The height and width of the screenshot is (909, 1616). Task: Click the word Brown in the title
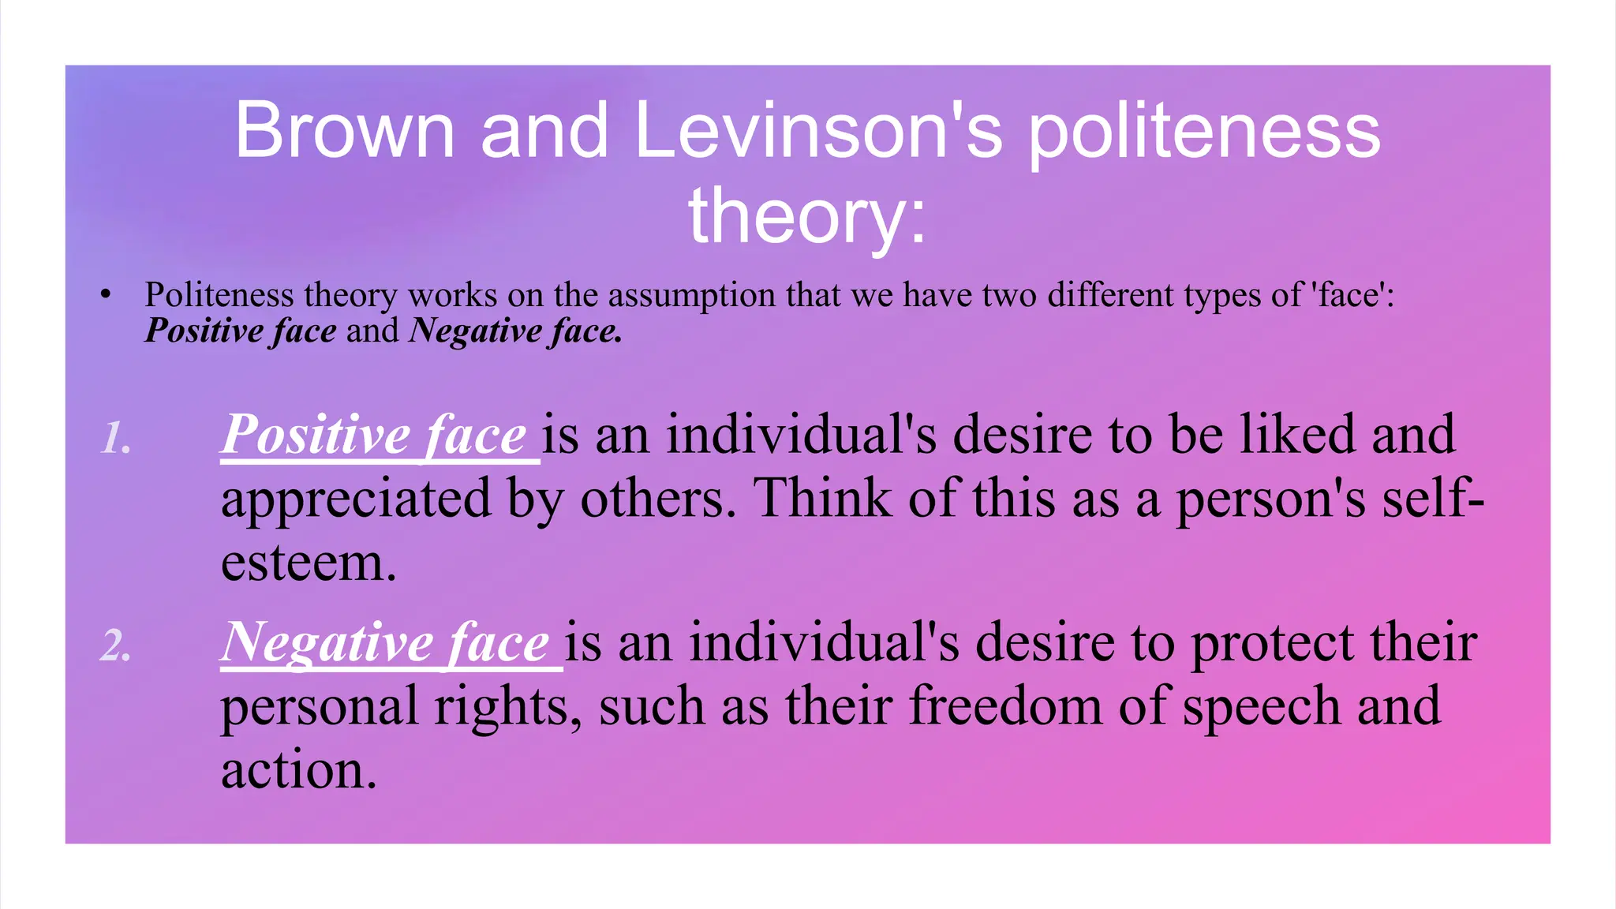pyautogui.click(x=345, y=130)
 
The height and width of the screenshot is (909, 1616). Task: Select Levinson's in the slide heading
pyautogui.click(x=818, y=130)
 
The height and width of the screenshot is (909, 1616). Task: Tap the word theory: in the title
pyautogui.click(x=807, y=215)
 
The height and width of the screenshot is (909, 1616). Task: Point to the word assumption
pyautogui.click(x=691, y=295)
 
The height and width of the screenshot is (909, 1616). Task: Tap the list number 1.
pyautogui.click(x=116, y=438)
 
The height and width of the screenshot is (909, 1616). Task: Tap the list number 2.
pyautogui.click(x=116, y=646)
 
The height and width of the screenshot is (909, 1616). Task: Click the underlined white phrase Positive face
pyautogui.click(x=374, y=435)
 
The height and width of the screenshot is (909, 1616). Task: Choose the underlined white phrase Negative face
pyautogui.click(x=385, y=642)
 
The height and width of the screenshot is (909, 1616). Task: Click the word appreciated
pyautogui.click(x=356, y=500)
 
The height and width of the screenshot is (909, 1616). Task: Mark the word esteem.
pyautogui.click(x=308, y=563)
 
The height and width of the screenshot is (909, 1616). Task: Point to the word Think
pyautogui.click(x=822, y=499)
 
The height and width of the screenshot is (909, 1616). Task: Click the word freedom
pyautogui.click(x=1005, y=706)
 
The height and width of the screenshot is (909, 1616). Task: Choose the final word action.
pyautogui.click(x=298, y=771)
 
